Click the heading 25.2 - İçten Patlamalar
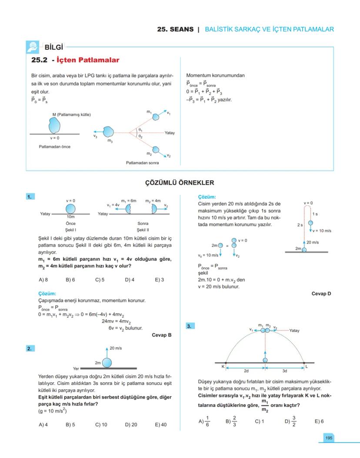click(75, 60)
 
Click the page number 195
click(329, 438)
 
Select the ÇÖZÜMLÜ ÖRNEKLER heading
click(180, 183)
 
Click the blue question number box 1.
click(30, 197)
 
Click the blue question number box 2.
click(30, 348)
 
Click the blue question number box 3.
click(190, 326)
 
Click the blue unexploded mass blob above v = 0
click(55, 125)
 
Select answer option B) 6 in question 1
click(70, 280)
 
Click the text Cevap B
click(162, 335)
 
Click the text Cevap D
click(321, 294)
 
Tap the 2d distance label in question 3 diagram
click(246, 371)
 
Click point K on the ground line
click(226, 363)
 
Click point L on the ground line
click(304, 363)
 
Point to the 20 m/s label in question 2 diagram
click(116, 348)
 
